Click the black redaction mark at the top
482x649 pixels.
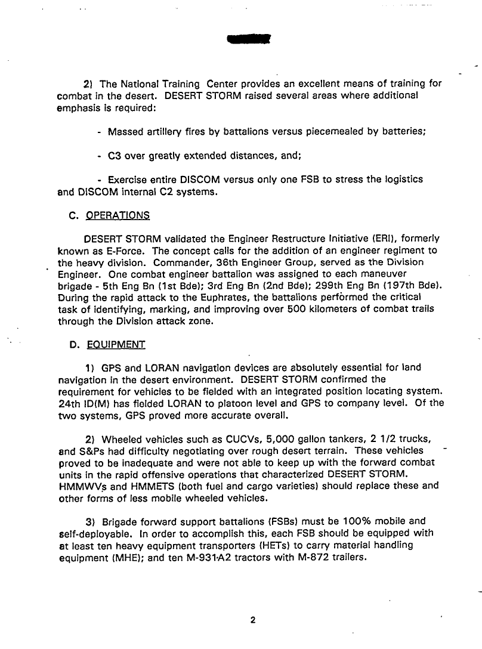tap(249, 39)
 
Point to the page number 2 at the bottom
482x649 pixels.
tap(253, 620)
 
